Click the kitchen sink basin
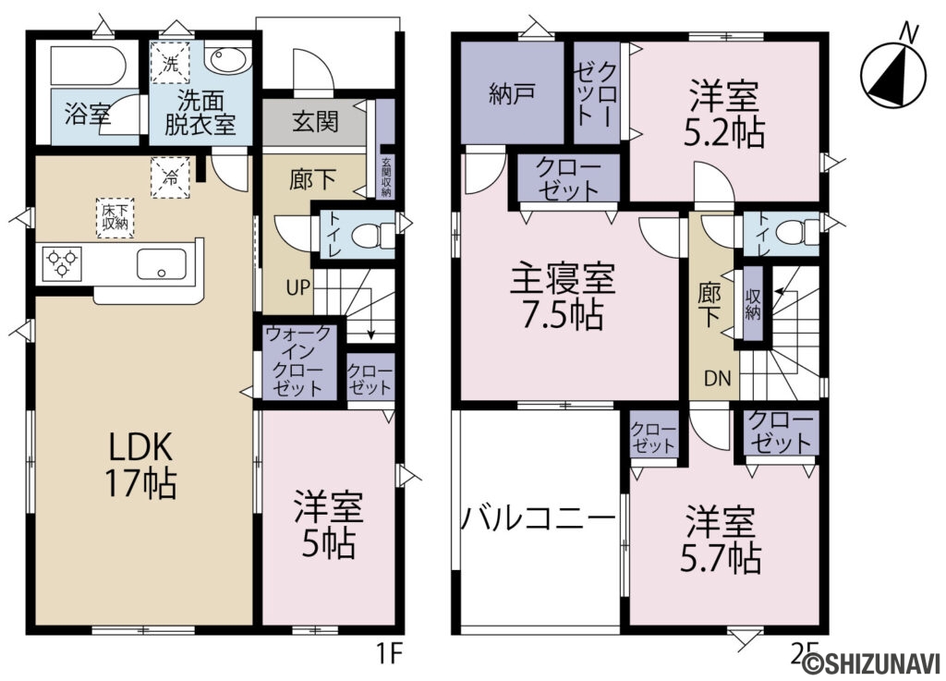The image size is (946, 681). (x=161, y=264)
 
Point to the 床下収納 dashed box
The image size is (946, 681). (x=115, y=217)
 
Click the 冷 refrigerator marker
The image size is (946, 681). (x=171, y=177)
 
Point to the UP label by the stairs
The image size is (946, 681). (x=297, y=288)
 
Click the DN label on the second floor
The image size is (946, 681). (x=717, y=378)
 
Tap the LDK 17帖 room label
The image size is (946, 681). (x=140, y=465)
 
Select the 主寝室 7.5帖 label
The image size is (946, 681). (x=563, y=297)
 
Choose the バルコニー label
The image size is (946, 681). (x=539, y=518)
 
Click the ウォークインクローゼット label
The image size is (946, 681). (x=298, y=361)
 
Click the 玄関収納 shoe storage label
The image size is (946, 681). (x=386, y=177)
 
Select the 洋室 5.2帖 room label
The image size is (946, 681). (x=723, y=115)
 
